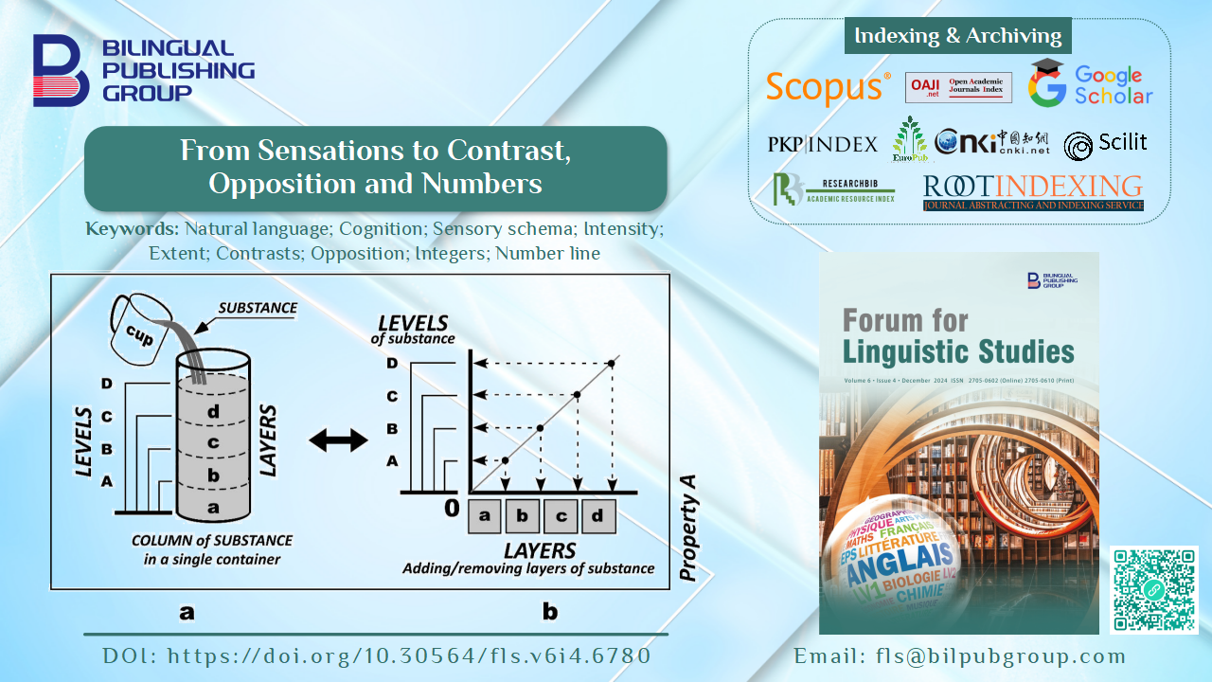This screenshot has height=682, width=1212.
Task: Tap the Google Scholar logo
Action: tap(1090, 84)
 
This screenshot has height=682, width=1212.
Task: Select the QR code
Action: tap(1153, 590)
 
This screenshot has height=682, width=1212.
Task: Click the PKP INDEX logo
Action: tap(823, 144)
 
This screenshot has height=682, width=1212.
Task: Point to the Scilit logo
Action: tap(1105, 144)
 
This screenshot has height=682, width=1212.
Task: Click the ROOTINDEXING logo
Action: tap(1033, 191)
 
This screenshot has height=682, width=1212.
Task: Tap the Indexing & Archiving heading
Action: tap(957, 36)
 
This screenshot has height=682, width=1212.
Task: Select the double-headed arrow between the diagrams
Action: tap(338, 440)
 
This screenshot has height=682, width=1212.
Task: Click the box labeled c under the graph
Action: tap(561, 516)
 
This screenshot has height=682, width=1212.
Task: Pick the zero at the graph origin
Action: tap(452, 509)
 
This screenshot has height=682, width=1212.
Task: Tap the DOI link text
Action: tap(376, 655)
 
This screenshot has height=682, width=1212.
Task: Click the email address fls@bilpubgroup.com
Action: tap(959, 655)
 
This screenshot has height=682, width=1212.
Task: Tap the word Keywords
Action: tap(132, 228)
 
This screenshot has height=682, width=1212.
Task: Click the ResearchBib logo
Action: tap(832, 190)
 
